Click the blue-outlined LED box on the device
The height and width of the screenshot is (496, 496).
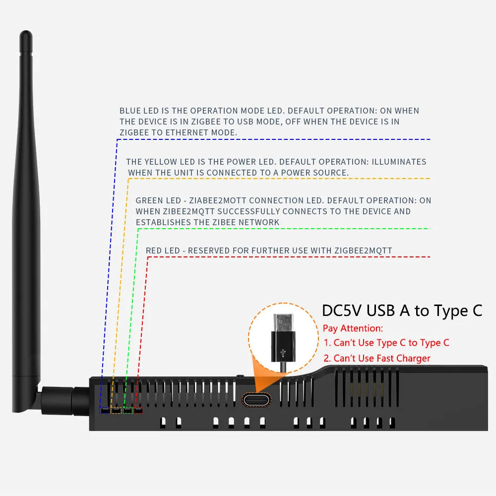point(105,410)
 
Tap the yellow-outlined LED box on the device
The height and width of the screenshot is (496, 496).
point(116,410)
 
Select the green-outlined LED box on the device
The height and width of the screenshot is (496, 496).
point(127,410)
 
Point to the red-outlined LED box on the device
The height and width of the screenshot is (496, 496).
point(138,410)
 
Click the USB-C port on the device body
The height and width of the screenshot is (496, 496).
point(256,399)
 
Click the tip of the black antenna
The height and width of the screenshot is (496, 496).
point(26,36)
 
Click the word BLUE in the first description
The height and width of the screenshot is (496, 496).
point(130,111)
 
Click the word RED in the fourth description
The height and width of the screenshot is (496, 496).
point(154,250)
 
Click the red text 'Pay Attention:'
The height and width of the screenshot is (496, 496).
point(353,328)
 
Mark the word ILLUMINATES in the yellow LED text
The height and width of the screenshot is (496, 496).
point(399,162)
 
